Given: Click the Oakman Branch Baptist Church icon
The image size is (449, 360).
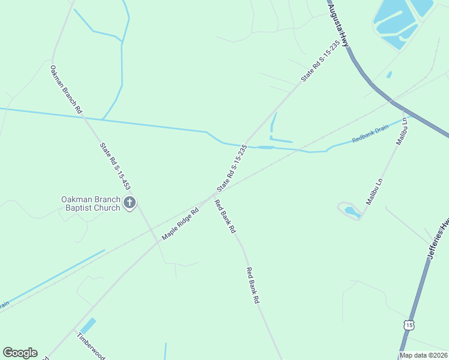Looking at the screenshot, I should click(129, 203).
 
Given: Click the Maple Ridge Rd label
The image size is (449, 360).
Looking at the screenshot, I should click(180, 223).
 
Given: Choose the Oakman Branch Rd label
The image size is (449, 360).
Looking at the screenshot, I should click(66, 89).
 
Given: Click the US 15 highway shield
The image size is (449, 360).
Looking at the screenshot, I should click(409, 325).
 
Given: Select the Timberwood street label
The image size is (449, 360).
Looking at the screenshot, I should click(91, 344).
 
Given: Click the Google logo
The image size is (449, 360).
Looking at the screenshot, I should click(20, 353).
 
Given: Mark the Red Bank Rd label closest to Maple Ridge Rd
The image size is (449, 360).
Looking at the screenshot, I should click(226, 216).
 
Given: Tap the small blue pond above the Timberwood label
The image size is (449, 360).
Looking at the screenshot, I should click(88, 326).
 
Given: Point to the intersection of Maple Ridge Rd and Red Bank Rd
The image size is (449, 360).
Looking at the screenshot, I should click(213, 195).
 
